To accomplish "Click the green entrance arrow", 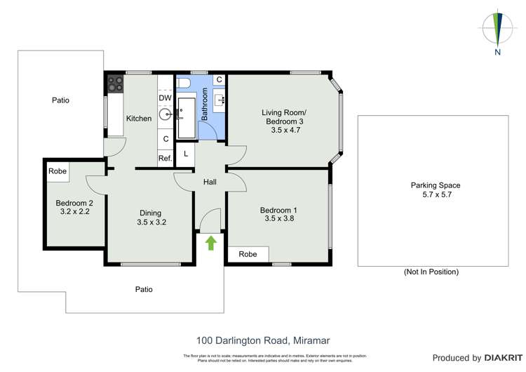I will pos(210,243).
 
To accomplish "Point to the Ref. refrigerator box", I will pos(166,159).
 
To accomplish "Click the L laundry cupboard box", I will pos(185,153).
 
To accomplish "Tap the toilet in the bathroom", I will pos(183,84).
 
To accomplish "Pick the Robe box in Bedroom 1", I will pos(248,254).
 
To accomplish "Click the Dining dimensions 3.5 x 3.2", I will pos(150,222).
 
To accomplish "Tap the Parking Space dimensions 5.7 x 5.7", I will pos(435,195).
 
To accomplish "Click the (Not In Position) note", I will pos(431,272).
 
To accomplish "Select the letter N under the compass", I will pos(497,51).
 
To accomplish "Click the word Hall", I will pos(210,182).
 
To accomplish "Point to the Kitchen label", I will pos(139,119).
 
